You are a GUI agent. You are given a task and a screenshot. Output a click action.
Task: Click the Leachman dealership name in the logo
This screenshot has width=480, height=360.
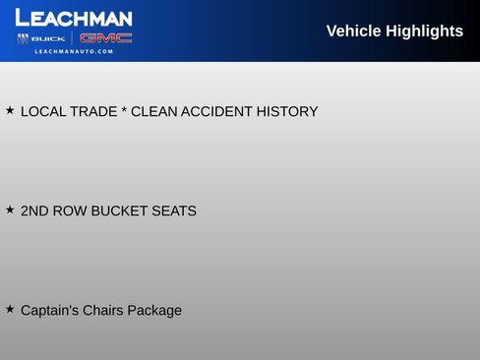coord(74,18)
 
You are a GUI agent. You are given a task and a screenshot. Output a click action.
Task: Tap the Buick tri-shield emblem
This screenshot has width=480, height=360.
coord(23,38)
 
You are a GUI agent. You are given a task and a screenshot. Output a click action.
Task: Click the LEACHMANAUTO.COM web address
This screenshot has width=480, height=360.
coord(74,52)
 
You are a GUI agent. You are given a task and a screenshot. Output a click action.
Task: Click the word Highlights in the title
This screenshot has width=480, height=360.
coord(425,31)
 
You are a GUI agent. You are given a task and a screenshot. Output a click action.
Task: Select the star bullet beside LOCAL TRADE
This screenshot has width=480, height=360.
coord(10,110)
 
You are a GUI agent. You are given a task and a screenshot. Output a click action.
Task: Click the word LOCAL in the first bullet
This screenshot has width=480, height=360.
coord(43,112)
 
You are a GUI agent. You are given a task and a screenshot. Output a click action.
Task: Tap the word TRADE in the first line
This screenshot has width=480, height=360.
coord(93,112)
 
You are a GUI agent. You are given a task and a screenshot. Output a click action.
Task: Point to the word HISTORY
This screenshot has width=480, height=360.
coord(287,112)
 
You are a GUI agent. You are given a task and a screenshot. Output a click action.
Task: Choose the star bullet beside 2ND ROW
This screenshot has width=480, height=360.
coord(10,210)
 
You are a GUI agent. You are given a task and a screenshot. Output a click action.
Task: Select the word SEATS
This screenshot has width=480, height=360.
coord(174,211)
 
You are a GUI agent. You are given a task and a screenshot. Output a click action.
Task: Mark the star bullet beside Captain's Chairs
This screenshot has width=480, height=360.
coord(10,309)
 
